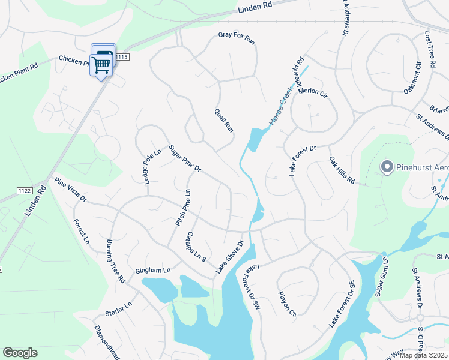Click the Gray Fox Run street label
pos(237,38)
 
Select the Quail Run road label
pos(224,120)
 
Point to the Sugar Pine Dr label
pos(184,158)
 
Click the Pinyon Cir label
pos(288,304)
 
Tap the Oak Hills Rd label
pos(342,170)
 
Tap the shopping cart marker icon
pos(101,65)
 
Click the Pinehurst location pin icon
pos(387,166)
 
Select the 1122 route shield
pos(24,190)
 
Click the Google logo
pos(20,353)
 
